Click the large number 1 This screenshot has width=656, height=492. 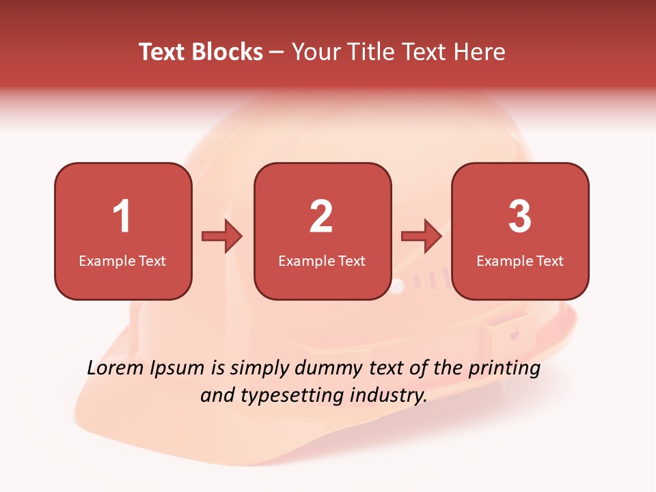pos(122,217)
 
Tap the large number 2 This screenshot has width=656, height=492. pos(321,217)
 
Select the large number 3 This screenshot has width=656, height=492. pos(520,217)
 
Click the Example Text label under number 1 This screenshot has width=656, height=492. pos(122,260)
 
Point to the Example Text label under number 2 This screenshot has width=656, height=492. pos(322,260)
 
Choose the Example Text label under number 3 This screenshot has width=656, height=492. pos(520,260)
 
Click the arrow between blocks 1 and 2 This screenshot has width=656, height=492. pos(222,236)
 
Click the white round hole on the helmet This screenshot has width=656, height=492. pos(397,286)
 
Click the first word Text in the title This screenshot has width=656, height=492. pos(163,52)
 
